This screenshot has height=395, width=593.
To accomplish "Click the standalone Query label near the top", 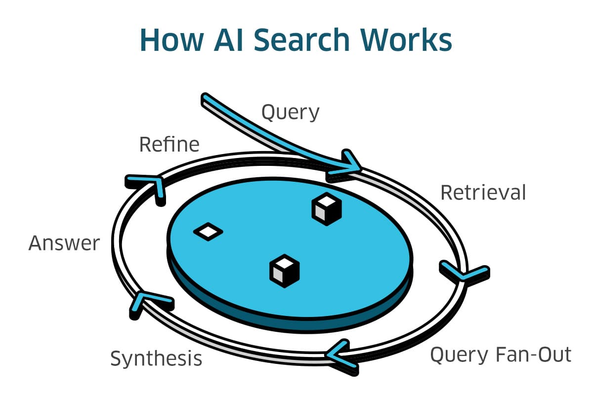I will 290,113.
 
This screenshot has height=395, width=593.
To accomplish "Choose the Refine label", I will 169,145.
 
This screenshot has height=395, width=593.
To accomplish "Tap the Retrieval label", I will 483,193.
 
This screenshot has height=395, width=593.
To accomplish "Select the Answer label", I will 64,243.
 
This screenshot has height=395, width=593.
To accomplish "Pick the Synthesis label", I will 156,358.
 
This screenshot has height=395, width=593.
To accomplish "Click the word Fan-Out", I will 534,355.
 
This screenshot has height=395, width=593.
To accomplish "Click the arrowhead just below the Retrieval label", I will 463,273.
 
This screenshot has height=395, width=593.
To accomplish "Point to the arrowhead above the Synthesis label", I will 146,301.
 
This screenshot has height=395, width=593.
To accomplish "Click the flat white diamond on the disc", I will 208,231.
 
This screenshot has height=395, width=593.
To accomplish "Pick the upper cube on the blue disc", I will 327,209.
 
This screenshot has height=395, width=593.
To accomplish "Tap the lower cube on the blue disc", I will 285,270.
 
